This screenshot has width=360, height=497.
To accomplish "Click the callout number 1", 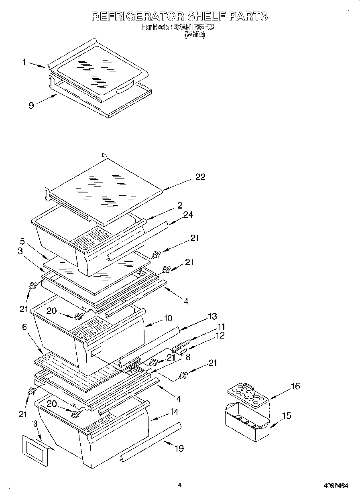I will [x=24, y=62].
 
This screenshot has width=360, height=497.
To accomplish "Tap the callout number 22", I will [x=200, y=177].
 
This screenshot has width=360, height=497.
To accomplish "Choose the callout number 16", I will [x=295, y=386].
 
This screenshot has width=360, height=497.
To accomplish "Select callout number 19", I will [x=179, y=448].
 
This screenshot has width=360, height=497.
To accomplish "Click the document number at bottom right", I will [x=336, y=486].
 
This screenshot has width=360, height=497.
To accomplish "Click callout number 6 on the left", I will [x=25, y=327].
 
